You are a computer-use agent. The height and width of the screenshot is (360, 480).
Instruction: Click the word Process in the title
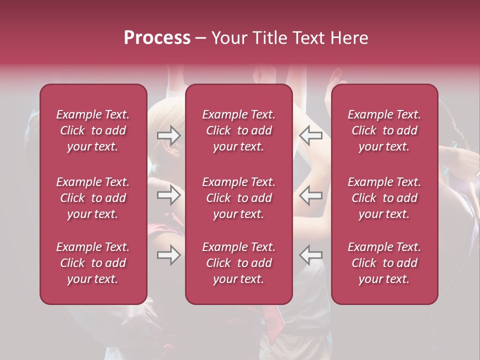coord(157,38)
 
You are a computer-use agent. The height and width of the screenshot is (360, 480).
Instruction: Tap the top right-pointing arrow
coord(169,135)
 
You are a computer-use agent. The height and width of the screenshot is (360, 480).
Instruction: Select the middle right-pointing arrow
coord(169,195)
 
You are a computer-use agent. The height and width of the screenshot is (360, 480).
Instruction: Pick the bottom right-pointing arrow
coord(169,254)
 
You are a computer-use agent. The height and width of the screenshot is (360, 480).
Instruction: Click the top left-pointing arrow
coord(311,135)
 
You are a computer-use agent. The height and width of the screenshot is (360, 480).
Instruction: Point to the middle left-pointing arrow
coord(311,195)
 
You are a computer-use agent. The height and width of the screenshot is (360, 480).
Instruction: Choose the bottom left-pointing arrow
coord(311,254)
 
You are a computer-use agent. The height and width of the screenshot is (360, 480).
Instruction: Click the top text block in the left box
coord(93,130)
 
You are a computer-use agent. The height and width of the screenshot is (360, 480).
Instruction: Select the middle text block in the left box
coord(93,198)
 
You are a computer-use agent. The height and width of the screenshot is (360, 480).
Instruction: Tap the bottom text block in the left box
coord(93,263)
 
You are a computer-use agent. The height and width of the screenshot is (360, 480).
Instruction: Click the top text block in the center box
coord(239,130)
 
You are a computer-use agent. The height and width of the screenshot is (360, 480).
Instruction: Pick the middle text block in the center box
coord(239,198)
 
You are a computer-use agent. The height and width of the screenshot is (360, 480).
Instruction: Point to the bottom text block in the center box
coord(239,263)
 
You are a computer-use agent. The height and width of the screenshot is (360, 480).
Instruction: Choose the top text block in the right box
coord(384,130)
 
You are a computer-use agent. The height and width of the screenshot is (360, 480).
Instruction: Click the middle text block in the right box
coord(384,198)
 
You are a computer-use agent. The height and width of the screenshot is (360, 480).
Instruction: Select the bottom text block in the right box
coord(384,263)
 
